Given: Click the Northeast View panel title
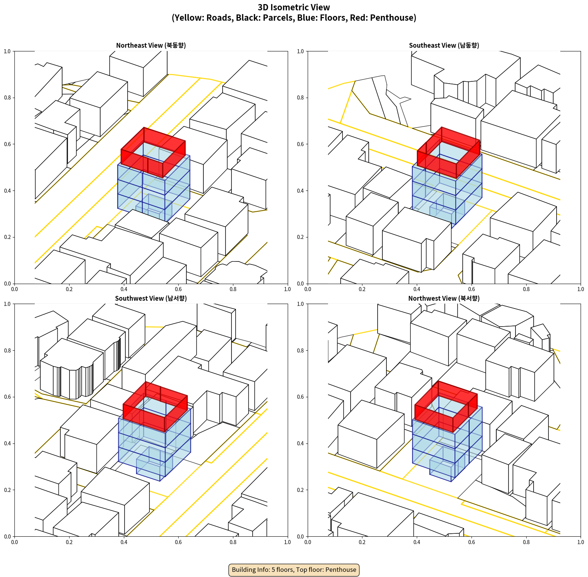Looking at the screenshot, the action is click(151, 45).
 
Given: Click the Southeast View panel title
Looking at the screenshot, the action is click(444, 45).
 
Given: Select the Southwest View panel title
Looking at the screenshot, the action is click(151, 298).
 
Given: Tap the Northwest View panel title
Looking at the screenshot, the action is click(444, 298).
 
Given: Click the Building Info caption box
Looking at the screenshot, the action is click(294, 570).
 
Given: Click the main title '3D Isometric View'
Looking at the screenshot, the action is click(294, 7).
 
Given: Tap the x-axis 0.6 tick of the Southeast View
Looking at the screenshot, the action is click(472, 289).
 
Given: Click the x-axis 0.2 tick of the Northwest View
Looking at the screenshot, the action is click(362, 542).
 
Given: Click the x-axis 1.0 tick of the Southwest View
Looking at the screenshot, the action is click(287, 542).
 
